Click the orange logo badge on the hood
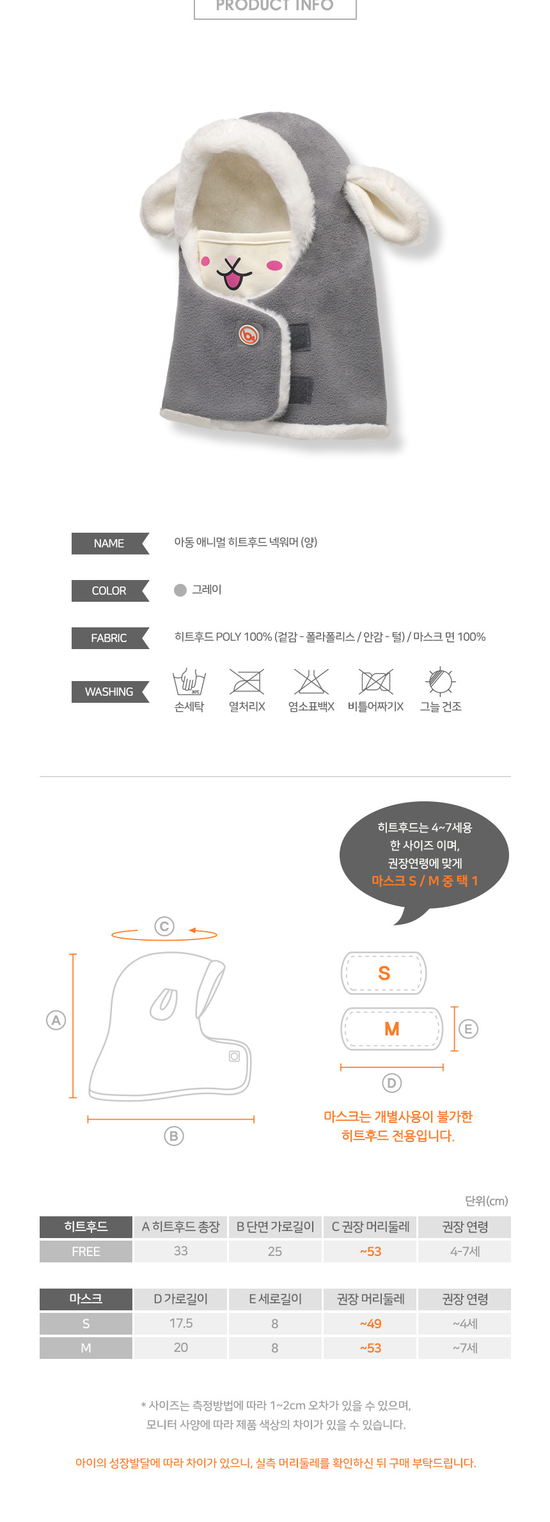(x=249, y=334)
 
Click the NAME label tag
(x=110, y=544)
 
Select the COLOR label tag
(x=110, y=591)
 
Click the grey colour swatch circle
(x=180, y=590)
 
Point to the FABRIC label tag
(x=110, y=638)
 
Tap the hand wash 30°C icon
(x=189, y=682)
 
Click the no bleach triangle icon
(x=311, y=682)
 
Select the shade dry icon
(x=441, y=681)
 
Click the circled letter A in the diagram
(x=56, y=1021)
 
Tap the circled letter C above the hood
(x=164, y=926)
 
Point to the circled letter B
(x=174, y=1136)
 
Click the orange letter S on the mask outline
(x=384, y=973)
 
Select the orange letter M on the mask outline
(x=391, y=1029)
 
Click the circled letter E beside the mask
(x=468, y=1029)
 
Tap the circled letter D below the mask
(x=391, y=1083)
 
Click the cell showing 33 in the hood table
(x=181, y=1251)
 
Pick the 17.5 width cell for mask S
(x=181, y=1324)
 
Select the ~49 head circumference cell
(x=370, y=1324)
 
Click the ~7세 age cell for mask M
(x=465, y=1348)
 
